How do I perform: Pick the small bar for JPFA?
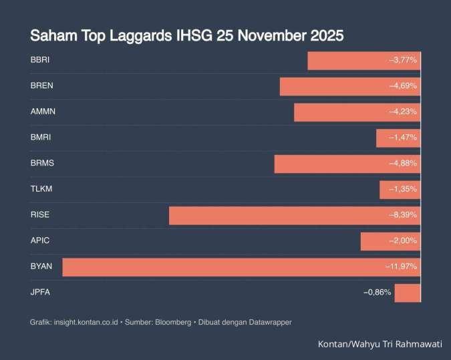(x=407, y=293)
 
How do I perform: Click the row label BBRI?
(x=40, y=60)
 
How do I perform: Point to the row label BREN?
(x=41, y=86)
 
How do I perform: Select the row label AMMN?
(x=43, y=112)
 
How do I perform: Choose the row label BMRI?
(x=41, y=138)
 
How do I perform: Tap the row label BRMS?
(x=42, y=164)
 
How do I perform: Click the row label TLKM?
(x=41, y=189)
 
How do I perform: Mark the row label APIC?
(x=40, y=240)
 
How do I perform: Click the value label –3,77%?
(x=403, y=60)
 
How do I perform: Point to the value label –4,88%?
(x=403, y=164)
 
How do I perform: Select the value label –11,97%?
(x=401, y=266)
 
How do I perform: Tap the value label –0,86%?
(x=377, y=293)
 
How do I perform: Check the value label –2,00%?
(x=403, y=240)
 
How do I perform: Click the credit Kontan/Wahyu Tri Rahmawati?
(x=380, y=344)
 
